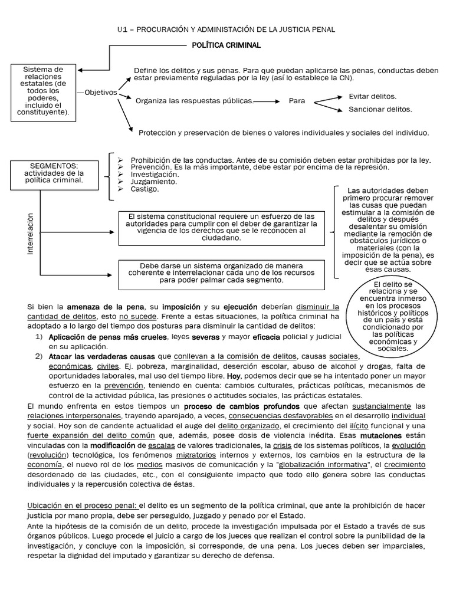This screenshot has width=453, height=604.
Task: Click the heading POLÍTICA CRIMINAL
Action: (226, 45)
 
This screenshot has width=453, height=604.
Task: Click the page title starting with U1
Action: (226, 29)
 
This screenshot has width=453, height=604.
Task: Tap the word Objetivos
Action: (101, 93)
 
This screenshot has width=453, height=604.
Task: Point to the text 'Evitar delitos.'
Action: (372, 96)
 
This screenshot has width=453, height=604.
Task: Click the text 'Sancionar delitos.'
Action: (380, 109)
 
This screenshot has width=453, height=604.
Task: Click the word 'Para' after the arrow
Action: (297, 101)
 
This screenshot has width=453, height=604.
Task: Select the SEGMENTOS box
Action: (54, 173)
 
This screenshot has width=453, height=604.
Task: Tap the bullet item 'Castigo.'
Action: (145, 189)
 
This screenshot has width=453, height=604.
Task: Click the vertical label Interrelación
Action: (31, 234)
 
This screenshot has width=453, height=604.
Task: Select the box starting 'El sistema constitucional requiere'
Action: (221, 228)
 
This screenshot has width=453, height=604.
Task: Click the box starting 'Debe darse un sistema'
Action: (221, 273)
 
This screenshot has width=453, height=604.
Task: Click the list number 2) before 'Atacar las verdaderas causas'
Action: (39, 357)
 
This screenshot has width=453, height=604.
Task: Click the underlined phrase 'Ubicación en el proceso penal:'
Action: (82, 505)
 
